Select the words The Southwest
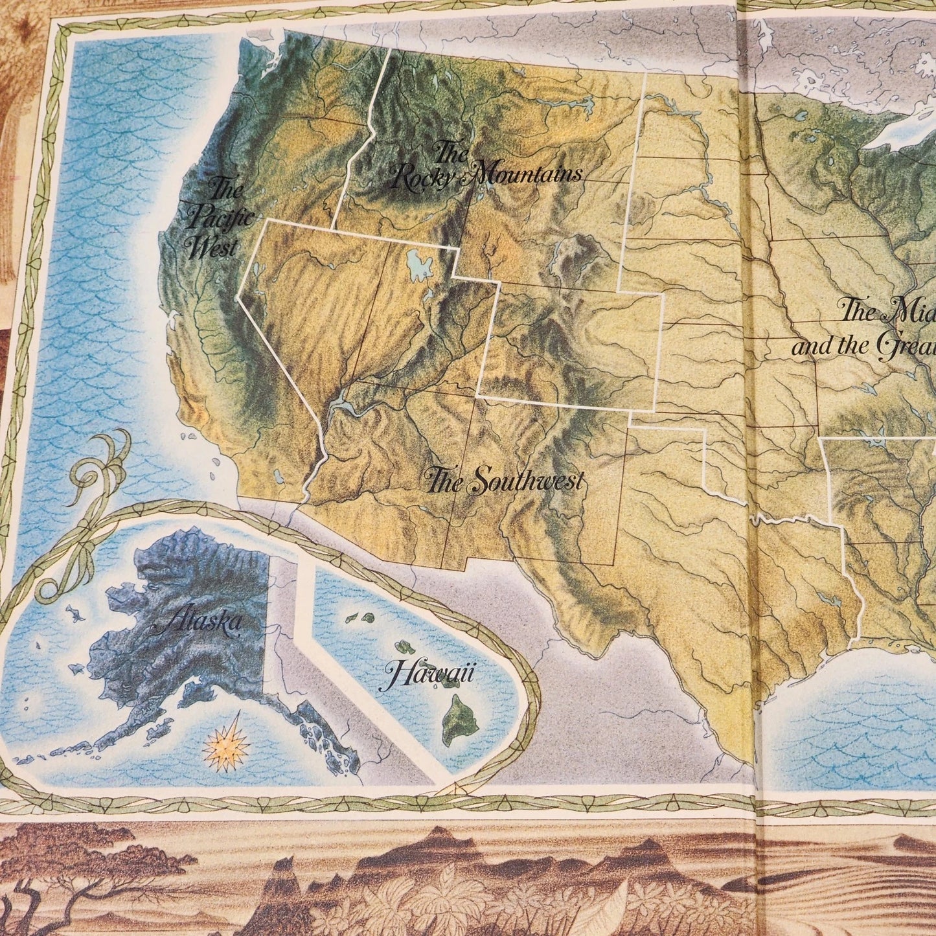coord(504,481)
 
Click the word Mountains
coord(526,174)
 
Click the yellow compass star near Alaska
coord(226,748)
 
